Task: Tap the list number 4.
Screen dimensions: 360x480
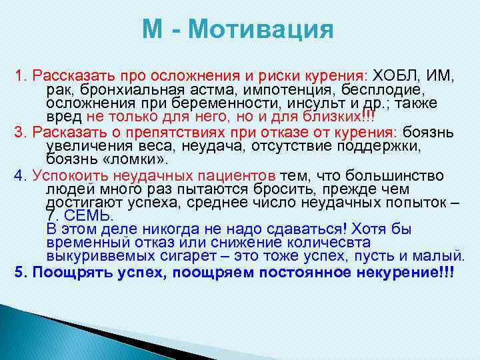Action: (x=19, y=175)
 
